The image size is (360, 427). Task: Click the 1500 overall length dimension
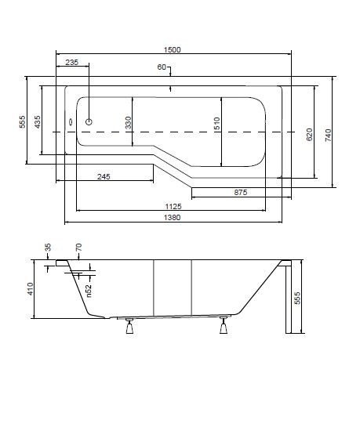tap(172, 50)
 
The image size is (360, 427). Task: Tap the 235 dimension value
tap(71, 63)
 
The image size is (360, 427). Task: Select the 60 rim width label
tap(162, 67)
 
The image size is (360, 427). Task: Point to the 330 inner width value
tap(128, 122)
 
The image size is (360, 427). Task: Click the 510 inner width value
tap(217, 123)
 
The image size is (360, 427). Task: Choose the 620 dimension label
tap(309, 135)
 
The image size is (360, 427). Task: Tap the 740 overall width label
tap(328, 135)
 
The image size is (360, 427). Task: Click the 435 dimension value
tap(38, 122)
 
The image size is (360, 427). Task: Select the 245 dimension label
tap(104, 177)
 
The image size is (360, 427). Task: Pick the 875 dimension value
tap(241, 193)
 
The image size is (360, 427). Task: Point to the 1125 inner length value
tap(173, 206)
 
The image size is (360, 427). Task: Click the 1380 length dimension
tap(173, 218)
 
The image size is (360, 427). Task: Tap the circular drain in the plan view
tap(89, 121)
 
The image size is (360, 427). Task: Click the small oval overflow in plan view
tap(71, 122)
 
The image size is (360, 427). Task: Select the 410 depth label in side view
tap(31, 288)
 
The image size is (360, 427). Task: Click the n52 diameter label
tap(89, 291)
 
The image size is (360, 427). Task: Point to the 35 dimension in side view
tap(48, 248)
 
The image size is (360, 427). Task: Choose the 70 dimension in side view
tap(78, 248)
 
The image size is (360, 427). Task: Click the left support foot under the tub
tap(129, 326)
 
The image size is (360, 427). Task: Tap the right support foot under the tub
tap(224, 325)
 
